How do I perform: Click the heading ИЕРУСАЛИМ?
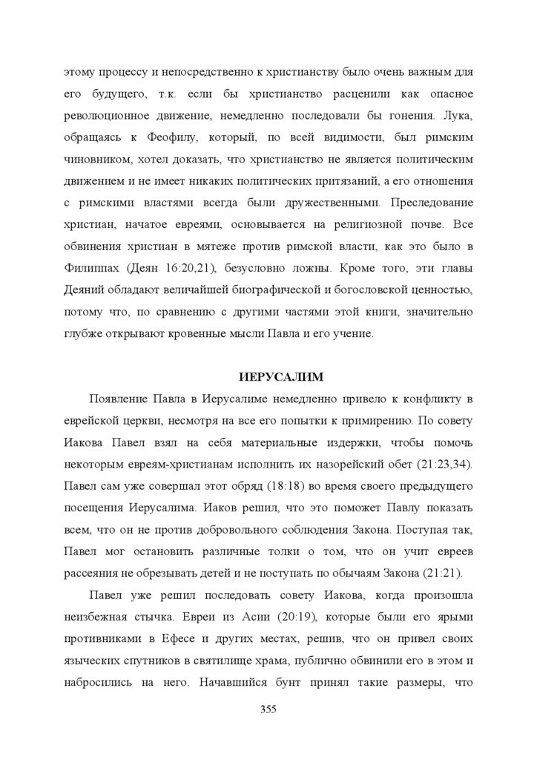(x=268, y=376)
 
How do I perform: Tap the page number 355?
(x=268, y=710)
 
